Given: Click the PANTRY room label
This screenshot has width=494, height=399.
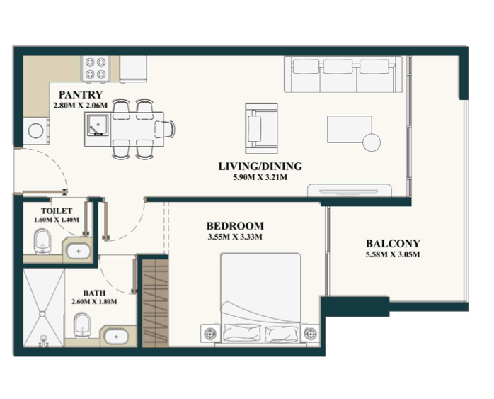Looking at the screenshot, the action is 81,94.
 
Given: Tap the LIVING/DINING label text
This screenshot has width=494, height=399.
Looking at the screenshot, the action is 260,167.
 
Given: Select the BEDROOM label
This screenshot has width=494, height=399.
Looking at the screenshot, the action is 235,226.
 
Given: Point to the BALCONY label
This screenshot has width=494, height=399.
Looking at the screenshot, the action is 393,244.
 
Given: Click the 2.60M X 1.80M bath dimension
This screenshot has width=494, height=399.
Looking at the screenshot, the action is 94,302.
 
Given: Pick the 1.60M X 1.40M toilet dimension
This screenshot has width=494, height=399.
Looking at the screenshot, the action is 57,220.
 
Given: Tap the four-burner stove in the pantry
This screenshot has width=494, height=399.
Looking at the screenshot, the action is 96,68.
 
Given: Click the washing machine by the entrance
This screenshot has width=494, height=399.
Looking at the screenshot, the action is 36,131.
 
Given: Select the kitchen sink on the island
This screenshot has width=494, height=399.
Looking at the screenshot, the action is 98,125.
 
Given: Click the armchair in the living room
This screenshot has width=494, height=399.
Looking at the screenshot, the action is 261,128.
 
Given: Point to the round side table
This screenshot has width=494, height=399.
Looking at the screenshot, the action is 372,142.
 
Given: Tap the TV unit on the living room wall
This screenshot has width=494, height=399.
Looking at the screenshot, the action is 350,191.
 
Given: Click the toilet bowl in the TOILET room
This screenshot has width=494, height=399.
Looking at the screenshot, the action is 42,241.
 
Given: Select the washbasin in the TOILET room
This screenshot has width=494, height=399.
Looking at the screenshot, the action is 79,252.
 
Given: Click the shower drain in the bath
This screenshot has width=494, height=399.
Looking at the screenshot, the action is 42,314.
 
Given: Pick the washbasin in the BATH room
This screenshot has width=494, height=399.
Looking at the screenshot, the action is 116,337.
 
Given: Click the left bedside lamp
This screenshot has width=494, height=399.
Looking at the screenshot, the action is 210,333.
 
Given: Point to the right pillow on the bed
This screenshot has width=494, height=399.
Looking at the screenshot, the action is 281,334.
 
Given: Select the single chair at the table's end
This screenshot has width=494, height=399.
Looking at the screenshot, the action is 165,129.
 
